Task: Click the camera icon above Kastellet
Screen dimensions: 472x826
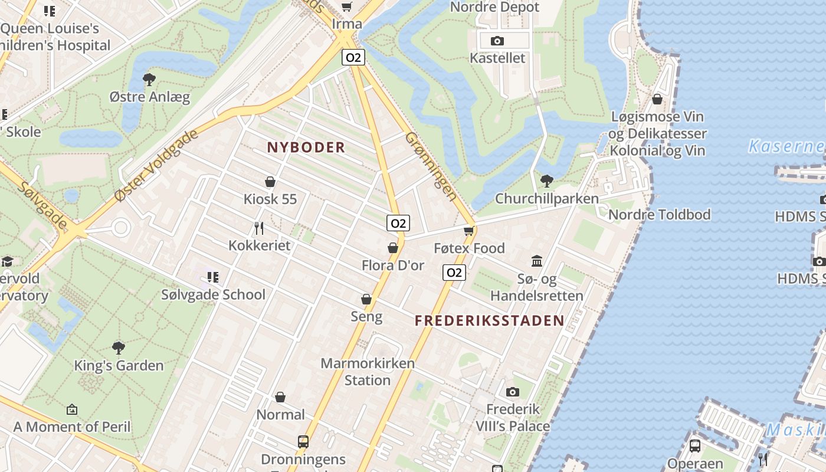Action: coord(497,41)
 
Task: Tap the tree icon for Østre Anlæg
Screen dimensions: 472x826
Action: coord(149,79)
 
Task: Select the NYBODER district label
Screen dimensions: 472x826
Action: coord(306,147)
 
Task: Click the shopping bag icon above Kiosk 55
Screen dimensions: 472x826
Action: coord(270,181)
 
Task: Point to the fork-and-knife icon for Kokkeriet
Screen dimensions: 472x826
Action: coord(259,228)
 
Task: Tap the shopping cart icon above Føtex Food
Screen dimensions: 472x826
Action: coord(469,230)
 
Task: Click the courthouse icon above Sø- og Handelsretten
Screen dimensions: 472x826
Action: coord(537,261)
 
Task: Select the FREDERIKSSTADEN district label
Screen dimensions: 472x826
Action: coord(489,321)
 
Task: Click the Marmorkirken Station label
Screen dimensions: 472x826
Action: coord(368,372)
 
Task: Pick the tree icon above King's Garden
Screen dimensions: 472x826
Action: coord(119,348)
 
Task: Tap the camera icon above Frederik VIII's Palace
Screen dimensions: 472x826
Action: coord(512,392)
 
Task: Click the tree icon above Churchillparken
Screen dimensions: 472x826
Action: coord(547,181)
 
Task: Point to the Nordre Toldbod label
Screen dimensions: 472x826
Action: coord(659,214)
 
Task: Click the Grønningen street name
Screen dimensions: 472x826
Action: coord(431,166)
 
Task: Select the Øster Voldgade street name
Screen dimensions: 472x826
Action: coord(156,166)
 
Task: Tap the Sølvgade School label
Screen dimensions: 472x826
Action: coord(213,294)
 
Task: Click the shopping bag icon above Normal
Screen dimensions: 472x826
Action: coord(280,397)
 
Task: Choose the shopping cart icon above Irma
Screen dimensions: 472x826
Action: coord(346,7)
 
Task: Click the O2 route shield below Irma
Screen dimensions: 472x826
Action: coord(353,57)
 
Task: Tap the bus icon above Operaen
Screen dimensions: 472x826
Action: coord(695,445)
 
